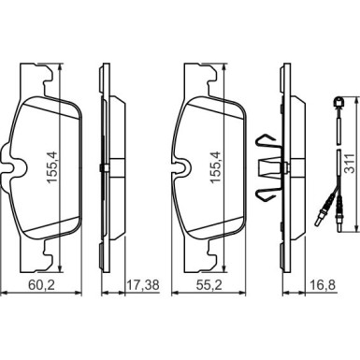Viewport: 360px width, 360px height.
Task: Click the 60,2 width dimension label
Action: point(41,284)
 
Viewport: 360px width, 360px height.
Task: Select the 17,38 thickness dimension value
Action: point(144,284)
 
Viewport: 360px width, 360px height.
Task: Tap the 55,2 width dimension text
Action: point(209,284)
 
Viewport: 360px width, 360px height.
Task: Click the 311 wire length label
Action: point(349,163)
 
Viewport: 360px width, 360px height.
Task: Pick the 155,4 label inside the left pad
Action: point(51,167)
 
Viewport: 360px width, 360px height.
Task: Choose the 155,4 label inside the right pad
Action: point(216,167)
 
